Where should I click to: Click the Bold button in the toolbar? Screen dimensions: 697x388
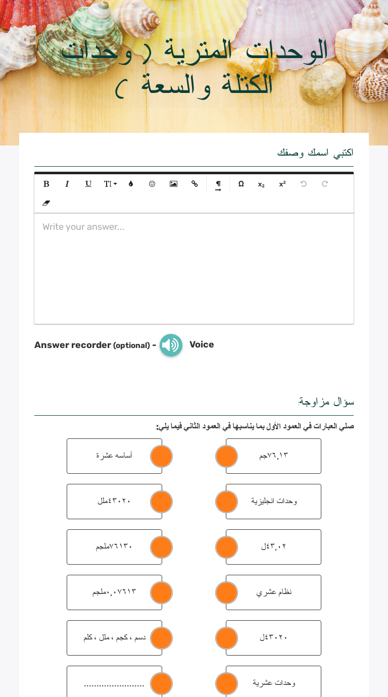46,184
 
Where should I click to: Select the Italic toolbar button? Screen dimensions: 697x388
67,184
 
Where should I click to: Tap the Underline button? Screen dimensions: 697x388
88,184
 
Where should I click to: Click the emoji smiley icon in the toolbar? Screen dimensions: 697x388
152,184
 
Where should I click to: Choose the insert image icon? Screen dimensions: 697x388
173,184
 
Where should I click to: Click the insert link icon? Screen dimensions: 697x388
195,184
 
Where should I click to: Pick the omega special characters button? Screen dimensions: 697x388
241,184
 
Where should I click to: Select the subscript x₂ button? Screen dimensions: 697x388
261,184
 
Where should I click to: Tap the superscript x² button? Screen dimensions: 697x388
282,184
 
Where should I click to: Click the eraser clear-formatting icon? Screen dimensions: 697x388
46,203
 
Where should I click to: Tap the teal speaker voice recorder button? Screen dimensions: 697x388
171,345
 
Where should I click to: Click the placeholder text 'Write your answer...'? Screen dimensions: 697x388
83,227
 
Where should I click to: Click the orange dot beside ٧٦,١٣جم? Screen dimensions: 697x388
226,456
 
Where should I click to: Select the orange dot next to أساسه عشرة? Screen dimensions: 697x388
162,456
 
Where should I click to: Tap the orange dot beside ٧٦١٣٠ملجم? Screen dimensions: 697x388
162,547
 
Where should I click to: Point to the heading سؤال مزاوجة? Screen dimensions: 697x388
326,402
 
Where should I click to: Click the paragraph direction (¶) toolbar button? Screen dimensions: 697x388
218,184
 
